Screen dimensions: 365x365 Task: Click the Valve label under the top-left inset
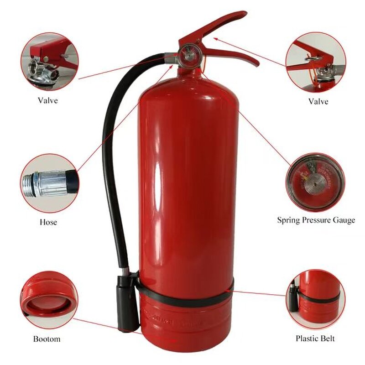pos(47,100)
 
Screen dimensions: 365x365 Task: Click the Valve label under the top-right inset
pos(318,101)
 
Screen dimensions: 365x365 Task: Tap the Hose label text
pos(48,222)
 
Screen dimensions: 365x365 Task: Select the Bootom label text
pos(47,339)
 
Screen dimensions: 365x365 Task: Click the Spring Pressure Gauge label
pos(316,220)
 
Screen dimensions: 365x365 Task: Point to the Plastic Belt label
pos(315,338)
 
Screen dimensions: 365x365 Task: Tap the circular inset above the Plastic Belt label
pos(316,299)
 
